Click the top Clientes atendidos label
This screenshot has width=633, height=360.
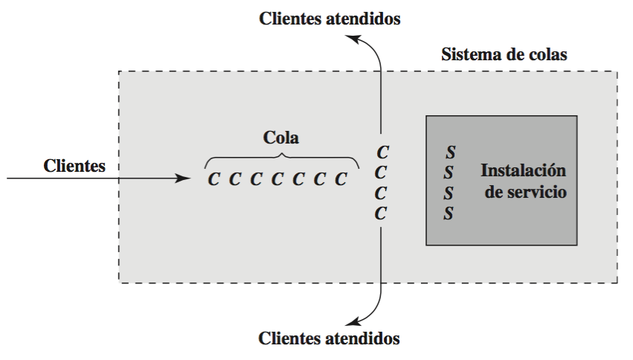[x=330, y=19]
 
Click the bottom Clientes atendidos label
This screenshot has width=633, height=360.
[x=330, y=338]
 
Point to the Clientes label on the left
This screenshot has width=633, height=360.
[x=74, y=166]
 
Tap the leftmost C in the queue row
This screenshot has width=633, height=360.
[x=213, y=179]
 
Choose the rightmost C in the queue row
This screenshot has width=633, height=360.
[x=341, y=179]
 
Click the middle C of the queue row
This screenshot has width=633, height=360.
[x=277, y=179]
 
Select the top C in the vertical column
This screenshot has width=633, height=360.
[x=382, y=152]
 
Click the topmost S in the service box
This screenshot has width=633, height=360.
[x=450, y=152]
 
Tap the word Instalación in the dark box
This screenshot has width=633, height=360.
[x=524, y=170]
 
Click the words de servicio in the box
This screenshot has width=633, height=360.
[x=524, y=191]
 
